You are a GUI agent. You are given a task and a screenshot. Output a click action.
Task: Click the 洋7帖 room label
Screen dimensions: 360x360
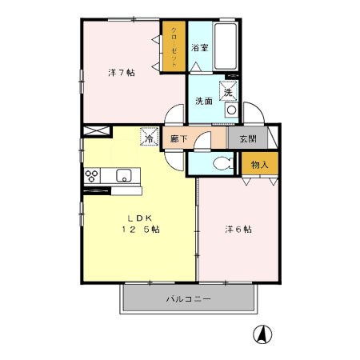click(122, 73)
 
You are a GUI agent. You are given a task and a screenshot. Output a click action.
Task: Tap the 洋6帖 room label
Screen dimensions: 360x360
click(238, 229)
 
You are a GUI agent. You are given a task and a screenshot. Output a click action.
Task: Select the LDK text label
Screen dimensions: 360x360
click(140, 218)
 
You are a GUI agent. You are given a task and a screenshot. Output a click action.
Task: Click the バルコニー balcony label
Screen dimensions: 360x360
click(189, 298)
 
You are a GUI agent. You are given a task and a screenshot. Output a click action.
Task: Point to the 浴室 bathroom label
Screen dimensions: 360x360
click(200, 48)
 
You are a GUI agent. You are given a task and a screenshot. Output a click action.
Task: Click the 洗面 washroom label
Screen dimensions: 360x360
click(204, 101)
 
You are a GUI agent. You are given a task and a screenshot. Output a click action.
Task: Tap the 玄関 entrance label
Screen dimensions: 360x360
click(248, 138)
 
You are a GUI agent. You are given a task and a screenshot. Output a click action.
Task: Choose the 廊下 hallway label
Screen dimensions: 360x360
click(178, 138)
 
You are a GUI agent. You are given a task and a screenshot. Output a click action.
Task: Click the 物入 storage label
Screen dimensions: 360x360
click(260, 165)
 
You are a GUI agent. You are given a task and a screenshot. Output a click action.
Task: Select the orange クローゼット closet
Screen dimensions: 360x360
click(174, 46)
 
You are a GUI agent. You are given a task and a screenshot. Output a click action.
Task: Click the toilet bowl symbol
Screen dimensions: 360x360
click(223, 163)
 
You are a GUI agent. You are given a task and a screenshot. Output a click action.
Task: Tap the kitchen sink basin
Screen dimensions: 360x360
click(124, 175)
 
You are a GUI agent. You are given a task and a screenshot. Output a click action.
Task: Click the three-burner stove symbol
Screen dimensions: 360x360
click(92, 176)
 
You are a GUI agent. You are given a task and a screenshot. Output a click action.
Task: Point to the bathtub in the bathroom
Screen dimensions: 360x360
click(226, 46)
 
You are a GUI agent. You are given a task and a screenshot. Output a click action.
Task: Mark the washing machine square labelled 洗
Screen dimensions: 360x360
click(228, 91)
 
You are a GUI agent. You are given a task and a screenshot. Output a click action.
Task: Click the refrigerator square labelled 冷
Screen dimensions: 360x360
click(150, 137)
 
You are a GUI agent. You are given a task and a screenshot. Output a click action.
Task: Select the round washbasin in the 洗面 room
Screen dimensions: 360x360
click(231, 110)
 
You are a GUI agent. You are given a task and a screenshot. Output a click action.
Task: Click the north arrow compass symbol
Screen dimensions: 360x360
click(262, 334)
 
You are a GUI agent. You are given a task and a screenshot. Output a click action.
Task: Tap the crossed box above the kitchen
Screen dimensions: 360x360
click(96, 131)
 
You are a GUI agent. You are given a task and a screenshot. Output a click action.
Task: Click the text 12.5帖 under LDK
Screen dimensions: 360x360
click(141, 229)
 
